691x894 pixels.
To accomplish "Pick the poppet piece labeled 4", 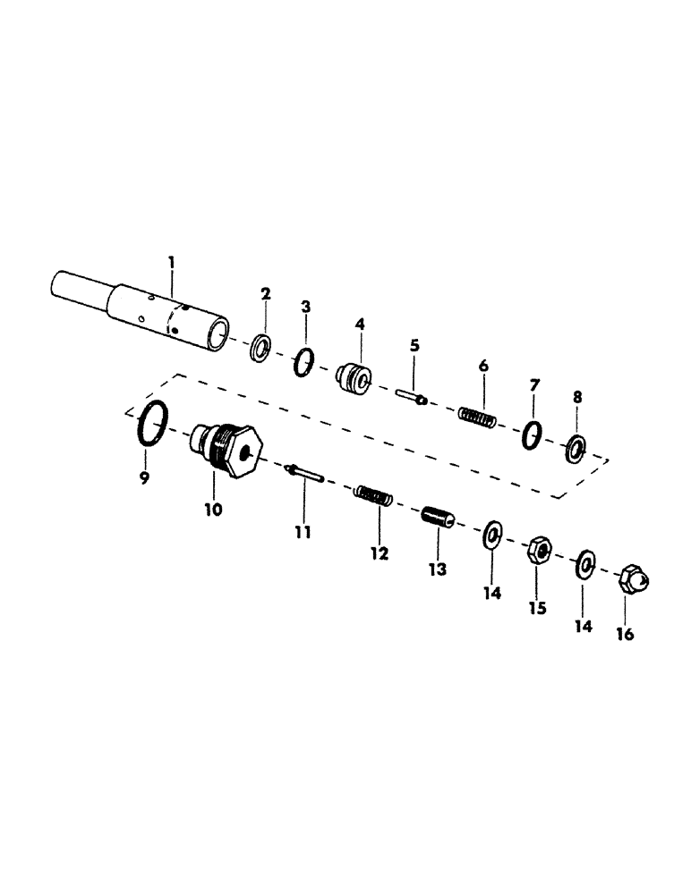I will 354,379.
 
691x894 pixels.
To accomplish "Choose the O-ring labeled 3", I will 304,363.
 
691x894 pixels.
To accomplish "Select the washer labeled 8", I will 576,449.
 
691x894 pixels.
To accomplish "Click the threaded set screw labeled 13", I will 439,519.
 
